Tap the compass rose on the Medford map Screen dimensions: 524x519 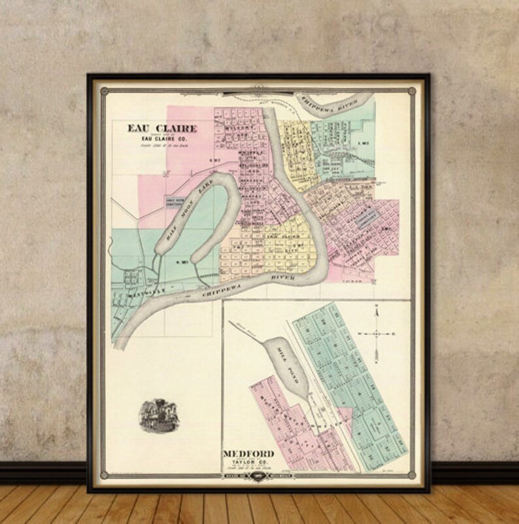377,334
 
